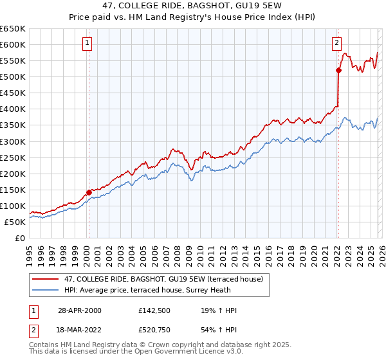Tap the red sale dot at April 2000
[x=89, y=192]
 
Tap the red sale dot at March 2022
[x=338, y=70]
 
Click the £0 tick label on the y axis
[x=21, y=238]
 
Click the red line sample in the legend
[x=46, y=279]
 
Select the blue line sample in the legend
[x=46, y=290]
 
